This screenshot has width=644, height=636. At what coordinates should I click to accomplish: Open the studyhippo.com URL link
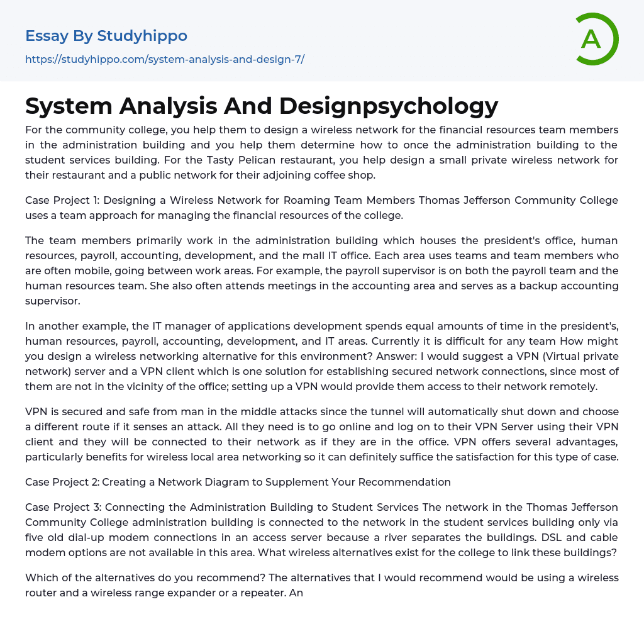(165, 59)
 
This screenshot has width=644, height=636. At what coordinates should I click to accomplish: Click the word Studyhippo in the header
(142, 36)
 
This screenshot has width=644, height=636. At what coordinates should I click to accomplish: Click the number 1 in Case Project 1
(96, 200)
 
